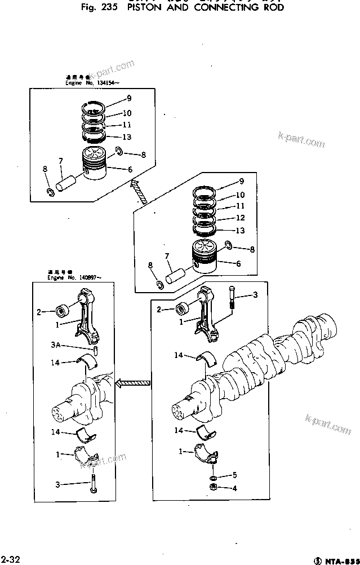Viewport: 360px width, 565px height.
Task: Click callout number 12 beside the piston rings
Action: (240, 218)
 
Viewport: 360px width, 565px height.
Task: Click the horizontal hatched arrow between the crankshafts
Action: (132, 383)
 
